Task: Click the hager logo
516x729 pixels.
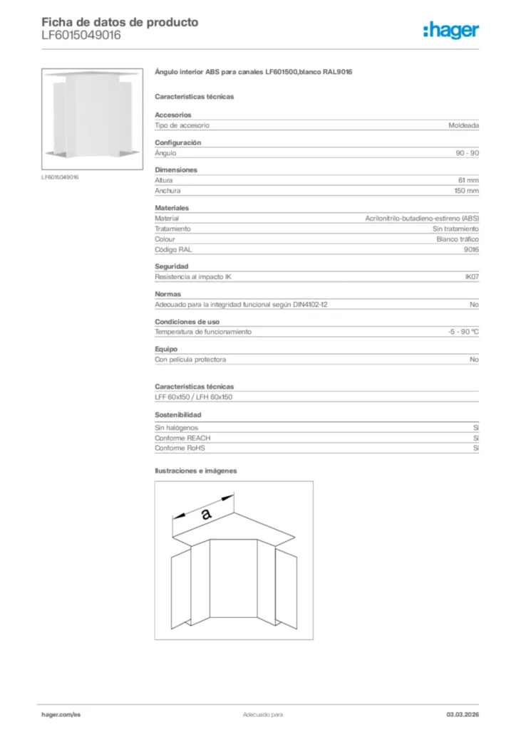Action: (x=450, y=30)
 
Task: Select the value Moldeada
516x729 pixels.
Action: (x=463, y=125)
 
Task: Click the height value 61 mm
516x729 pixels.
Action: (x=468, y=181)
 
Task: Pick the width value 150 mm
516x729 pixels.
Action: (x=467, y=191)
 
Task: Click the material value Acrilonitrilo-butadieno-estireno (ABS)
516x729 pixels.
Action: (x=421, y=219)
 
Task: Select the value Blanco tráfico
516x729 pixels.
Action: (x=458, y=239)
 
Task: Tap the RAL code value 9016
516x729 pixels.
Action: (x=471, y=250)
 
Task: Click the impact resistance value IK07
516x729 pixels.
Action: (x=471, y=277)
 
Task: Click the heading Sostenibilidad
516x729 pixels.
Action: (x=178, y=414)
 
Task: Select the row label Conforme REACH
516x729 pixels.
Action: (x=182, y=439)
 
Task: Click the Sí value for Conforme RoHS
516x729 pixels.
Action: (x=475, y=449)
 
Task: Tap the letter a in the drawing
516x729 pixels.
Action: (x=206, y=513)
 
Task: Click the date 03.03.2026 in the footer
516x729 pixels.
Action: (x=458, y=714)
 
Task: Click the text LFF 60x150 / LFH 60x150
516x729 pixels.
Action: (x=194, y=397)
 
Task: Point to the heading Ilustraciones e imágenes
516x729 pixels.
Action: (x=196, y=471)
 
